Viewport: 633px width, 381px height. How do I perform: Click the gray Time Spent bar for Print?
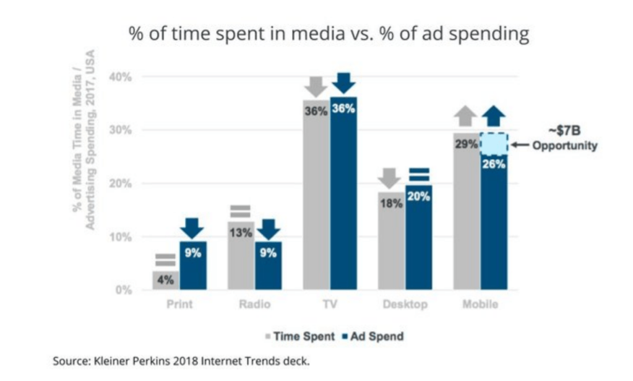click(166, 281)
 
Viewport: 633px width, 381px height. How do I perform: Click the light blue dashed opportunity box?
click(494, 144)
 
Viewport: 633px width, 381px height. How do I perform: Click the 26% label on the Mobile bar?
click(494, 164)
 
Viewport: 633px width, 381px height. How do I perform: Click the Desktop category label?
click(405, 305)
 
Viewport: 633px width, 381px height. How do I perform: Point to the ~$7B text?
click(563, 131)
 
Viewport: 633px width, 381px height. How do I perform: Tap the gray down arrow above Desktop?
click(392, 178)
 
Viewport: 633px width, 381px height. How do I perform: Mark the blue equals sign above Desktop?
click(418, 173)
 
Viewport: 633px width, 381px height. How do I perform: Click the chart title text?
click(329, 33)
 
